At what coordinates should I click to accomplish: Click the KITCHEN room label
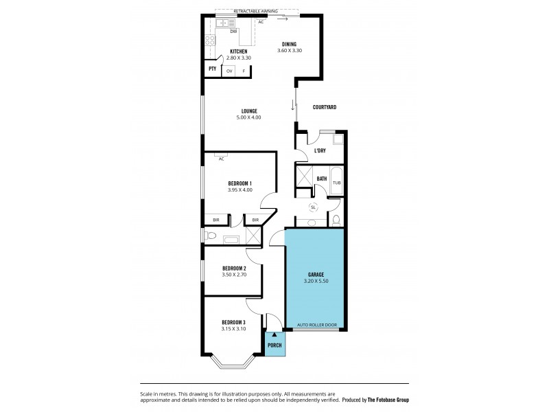239,51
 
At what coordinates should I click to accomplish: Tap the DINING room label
289,44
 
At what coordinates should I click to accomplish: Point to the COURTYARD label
324,107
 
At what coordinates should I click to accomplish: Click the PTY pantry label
211,69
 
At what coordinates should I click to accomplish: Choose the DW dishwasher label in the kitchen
233,31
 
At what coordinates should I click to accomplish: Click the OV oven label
229,70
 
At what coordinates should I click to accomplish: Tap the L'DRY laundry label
320,150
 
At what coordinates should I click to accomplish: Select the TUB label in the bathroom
336,183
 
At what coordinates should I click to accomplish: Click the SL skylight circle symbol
314,207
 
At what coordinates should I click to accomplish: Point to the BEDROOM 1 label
240,183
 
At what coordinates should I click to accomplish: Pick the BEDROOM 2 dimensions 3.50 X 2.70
234,275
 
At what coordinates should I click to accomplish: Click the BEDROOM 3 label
233,322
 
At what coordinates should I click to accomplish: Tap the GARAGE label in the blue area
316,275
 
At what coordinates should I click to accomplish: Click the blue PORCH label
274,344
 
